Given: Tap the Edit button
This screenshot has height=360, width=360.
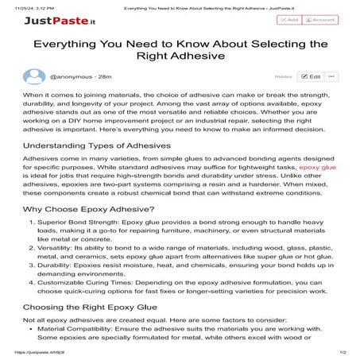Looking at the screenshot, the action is (311, 77).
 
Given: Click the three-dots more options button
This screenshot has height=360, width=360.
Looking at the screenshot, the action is (331, 77).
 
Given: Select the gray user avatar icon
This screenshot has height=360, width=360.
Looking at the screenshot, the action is (33, 77).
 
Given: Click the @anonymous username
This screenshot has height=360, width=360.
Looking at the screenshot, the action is (68, 77).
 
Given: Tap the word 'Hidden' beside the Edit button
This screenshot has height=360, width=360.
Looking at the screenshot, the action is (283, 78).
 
